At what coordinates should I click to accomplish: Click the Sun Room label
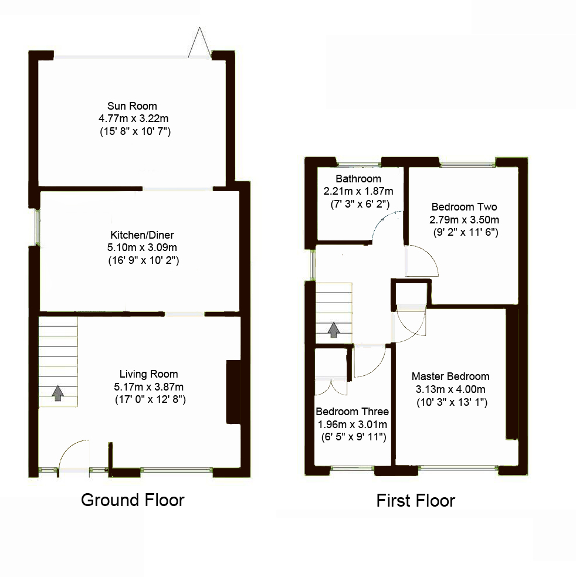click(132, 106)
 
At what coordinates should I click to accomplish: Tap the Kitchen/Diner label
click(142, 235)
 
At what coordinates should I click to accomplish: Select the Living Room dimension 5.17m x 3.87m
click(149, 387)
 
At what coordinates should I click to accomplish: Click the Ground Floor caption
click(133, 500)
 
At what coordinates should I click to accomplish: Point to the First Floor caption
click(415, 501)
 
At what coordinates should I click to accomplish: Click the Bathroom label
click(358, 179)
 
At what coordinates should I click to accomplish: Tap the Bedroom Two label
click(464, 207)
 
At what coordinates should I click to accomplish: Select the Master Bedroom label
click(450, 376)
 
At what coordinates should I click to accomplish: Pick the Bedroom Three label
click(352, 412)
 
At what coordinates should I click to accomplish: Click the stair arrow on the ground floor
click(58, 393)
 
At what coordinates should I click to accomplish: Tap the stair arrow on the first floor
click(333, 330)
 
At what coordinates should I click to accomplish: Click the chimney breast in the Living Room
click(233, 392)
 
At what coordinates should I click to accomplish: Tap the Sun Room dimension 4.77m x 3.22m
click(134, 118)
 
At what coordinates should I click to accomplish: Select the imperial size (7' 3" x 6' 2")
click(360, 204)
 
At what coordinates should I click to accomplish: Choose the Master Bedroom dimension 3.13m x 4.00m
click(450, 389)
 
